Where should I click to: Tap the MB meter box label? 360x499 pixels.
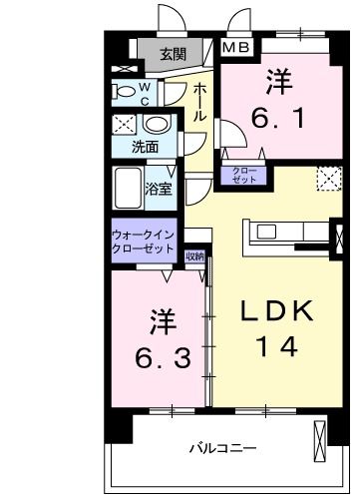click(x=236, y=47)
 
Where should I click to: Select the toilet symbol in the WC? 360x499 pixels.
click(x=128, y=92)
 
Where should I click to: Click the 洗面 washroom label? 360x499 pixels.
click(x=145, y=147)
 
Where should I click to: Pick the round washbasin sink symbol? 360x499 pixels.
click(x=156, y=125)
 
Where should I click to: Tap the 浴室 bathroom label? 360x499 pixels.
click(x=158, y=188)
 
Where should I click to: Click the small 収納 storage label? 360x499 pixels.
click(x=194, y=256)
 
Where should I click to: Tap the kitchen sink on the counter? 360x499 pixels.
click(x=268, y=233)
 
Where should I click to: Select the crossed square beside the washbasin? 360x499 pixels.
click(x=124, y=126)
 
